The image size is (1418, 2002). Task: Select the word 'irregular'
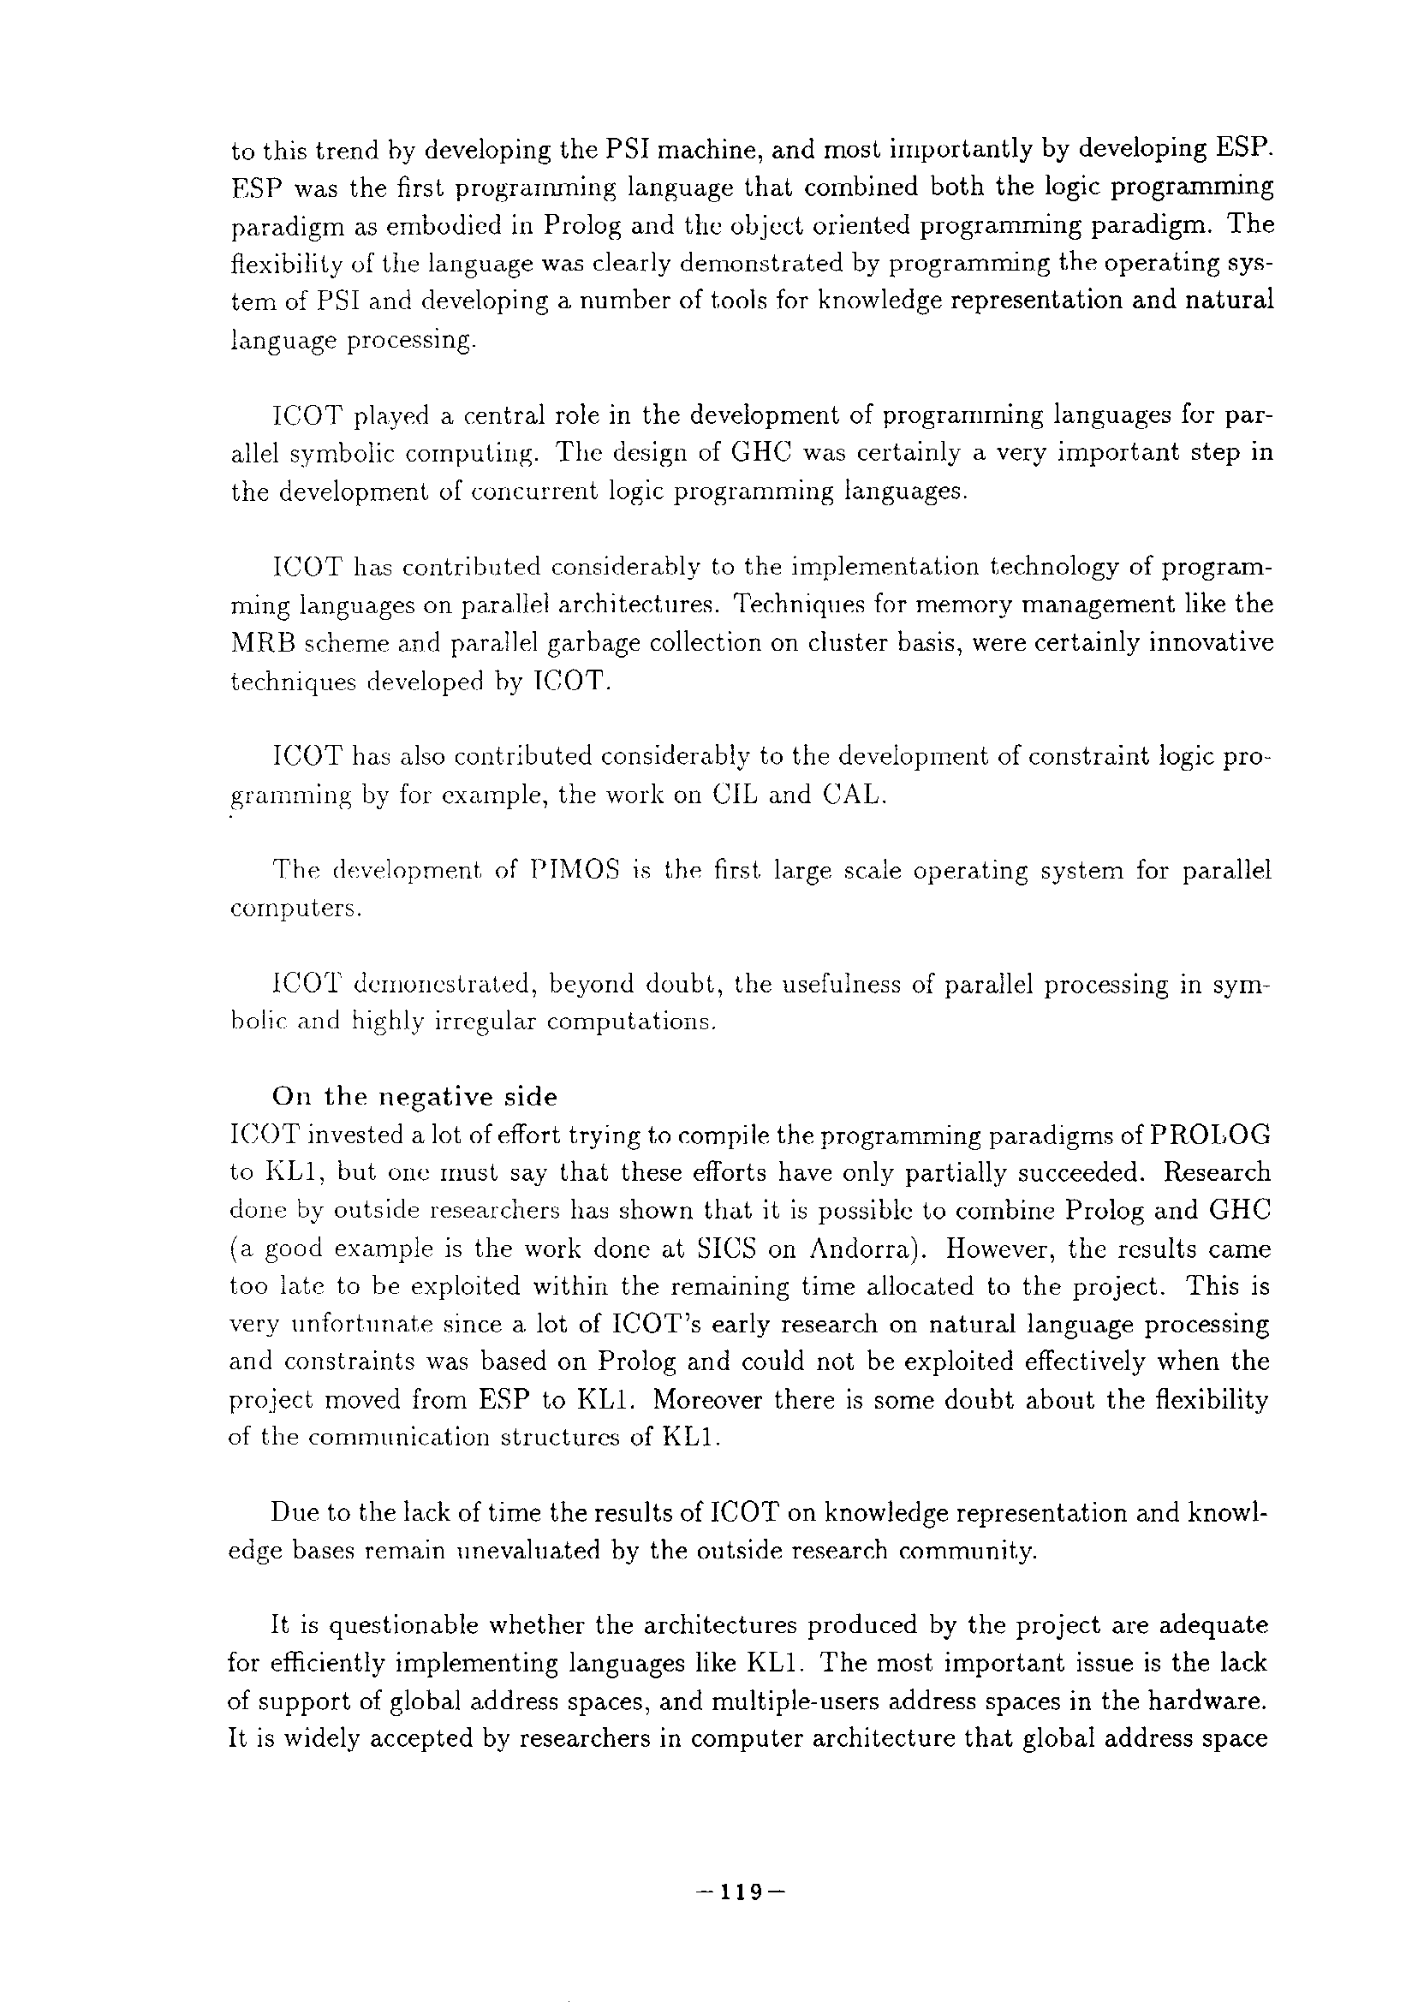point(485,1022)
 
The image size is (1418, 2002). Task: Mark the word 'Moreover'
point(707,1400)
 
